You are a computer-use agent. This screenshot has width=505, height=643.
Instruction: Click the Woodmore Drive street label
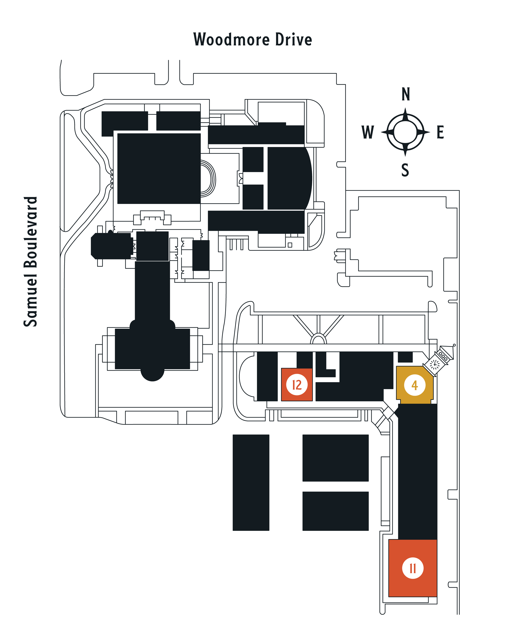click(253, 39)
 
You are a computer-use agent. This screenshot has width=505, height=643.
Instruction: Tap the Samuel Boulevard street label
click(31, 262)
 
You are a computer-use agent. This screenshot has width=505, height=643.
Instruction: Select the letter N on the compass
click(406, 94)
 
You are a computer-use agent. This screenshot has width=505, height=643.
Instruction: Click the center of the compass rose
click(405, 132)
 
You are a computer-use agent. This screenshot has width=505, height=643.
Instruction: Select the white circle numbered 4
click(415, 385)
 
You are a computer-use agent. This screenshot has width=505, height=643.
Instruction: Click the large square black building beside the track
click(159, 168)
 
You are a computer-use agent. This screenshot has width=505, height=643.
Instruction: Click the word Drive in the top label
click(294, 39)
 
